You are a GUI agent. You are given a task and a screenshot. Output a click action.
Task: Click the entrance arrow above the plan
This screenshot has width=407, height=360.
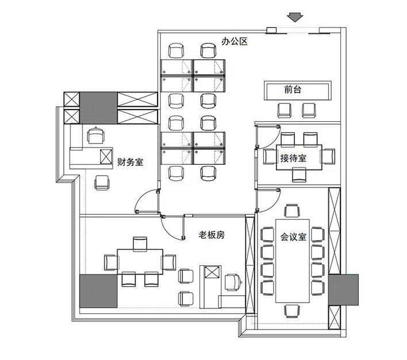(x=295, y=17)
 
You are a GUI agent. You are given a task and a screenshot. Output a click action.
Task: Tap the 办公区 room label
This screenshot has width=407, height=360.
(x=235, y=41)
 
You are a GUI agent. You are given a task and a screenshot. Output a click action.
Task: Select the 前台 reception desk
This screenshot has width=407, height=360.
(x=298, y=90)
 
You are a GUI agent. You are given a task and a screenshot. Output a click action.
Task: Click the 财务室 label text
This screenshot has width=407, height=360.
(x=130, y=162)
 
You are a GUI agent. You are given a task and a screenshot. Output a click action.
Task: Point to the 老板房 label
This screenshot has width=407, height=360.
(x=212, y=235)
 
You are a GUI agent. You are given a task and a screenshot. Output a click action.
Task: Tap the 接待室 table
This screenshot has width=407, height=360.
(x=299, y=157)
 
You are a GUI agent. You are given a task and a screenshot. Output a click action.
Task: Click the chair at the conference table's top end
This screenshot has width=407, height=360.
(x=293, y=211)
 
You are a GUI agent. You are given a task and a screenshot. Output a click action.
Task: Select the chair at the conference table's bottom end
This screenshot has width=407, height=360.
(x=293, y=311)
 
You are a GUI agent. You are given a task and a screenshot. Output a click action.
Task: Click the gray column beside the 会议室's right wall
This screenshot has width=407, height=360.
(x=343, y=290)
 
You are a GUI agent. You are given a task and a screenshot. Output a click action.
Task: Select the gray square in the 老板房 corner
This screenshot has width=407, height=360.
(x=98, y=291)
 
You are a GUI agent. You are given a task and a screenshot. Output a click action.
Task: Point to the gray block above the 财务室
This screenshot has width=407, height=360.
(x=98, y=108)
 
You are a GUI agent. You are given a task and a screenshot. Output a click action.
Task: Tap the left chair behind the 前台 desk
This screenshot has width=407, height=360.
(x=285, y=110)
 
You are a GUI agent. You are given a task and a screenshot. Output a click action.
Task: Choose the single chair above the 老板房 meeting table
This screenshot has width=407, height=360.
(x=140, y=244)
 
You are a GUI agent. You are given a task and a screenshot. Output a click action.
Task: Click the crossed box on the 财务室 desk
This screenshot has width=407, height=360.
(x=106, y=156)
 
